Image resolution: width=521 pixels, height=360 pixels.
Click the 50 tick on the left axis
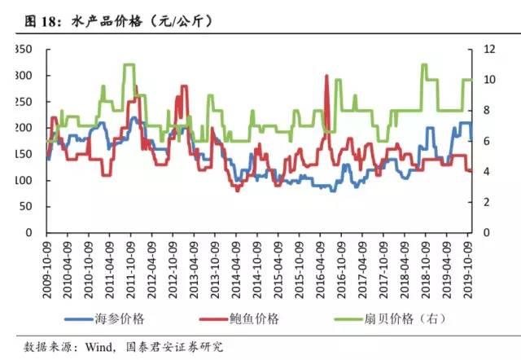point(25,206)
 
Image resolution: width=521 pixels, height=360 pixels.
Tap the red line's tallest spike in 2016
point(326,77)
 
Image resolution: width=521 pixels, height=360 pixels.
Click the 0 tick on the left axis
point(28,232)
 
